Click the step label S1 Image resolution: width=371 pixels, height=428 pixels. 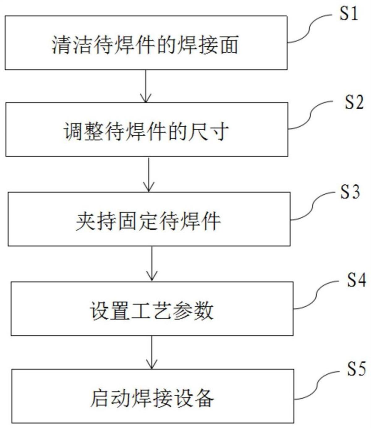(x=348, y=14)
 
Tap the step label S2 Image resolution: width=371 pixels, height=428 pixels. (x=354, y=103)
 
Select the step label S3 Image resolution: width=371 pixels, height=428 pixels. (x=350, y=192)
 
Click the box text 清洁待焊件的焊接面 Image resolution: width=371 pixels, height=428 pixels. (x=145, y=45)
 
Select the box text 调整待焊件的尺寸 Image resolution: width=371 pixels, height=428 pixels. (x=146, y=132)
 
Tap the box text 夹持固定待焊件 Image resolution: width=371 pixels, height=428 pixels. (x=148, y=221)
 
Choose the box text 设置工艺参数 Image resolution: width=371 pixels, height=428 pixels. (x=151, y=310)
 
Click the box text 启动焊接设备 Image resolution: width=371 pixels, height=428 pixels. (x=152, y=398)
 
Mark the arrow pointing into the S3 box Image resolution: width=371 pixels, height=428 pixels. (x=149, y=175)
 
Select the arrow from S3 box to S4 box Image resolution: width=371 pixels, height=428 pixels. (x=151, y=263)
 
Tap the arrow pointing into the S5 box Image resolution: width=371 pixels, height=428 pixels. (x=151, y=352)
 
